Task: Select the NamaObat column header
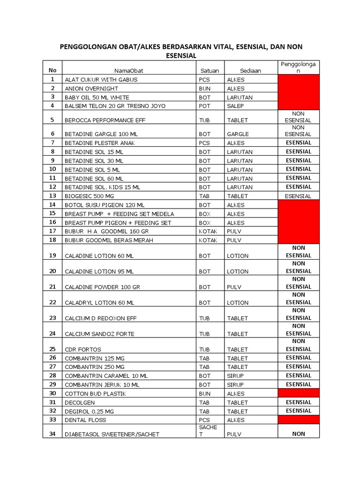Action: point(131,71)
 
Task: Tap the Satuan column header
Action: point(210,71)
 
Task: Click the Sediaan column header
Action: point(251,71)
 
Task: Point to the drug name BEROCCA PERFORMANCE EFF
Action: point(105,120)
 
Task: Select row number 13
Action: point(52,195)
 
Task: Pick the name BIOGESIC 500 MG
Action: point(90,196)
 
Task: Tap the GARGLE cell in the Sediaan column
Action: point(238,134)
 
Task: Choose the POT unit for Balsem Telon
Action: point(204,106)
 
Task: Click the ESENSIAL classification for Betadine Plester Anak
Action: point(298,142)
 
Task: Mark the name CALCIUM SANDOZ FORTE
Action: point(99,334)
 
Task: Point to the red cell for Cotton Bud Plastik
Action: point(298,393)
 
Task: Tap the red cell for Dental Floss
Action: point(298,420)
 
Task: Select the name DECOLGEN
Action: point(80,403)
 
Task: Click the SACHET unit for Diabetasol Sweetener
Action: point(208,431)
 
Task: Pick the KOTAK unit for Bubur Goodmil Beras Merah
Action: point(208,240)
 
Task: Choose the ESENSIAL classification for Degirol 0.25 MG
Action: point(298,411)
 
